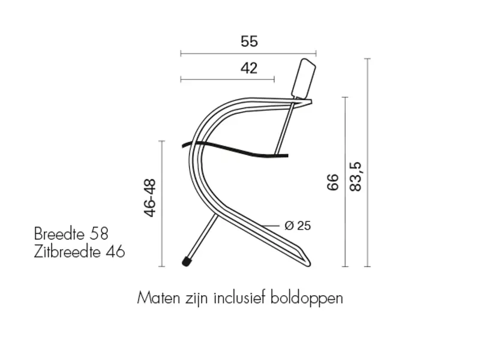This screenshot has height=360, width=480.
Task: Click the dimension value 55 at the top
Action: (249, 41)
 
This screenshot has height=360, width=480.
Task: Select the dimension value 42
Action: (249, 68)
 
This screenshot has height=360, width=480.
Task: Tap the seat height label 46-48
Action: (150, 198)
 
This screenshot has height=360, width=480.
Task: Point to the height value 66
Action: (333, 182)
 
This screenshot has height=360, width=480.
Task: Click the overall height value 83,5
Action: (355, 177)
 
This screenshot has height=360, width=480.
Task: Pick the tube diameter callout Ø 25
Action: (298, 226)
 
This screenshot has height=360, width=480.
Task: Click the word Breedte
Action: (59, 234)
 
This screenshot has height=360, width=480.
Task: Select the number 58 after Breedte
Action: (99, 234)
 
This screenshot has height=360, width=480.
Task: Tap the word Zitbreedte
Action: (67, 251)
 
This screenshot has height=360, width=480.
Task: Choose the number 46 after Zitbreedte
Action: (115, 251)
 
